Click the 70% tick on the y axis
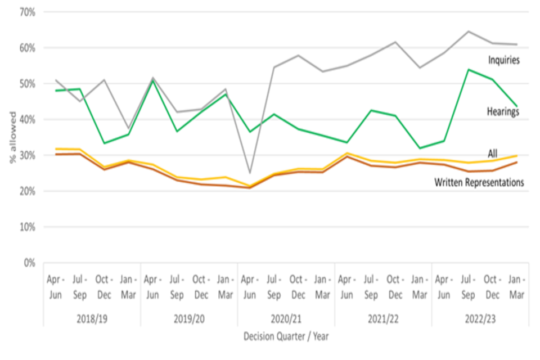point(27,12)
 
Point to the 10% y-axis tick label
point(27,227)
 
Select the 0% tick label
point(29,263)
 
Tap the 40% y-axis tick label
point(27,119)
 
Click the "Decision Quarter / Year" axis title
point(286,336)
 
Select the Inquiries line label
point(503,60)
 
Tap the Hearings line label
point(503,112)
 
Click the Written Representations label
point(479,182)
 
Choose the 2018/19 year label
point(92,318)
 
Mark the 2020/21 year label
point(286,318)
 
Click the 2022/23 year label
point(480,318)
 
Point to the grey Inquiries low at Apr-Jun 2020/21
point(249,173)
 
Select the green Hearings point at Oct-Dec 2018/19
point(103,143)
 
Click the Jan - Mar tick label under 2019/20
point(225,286)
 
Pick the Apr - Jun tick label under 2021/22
point(346,286)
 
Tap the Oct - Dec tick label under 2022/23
point(492,286)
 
